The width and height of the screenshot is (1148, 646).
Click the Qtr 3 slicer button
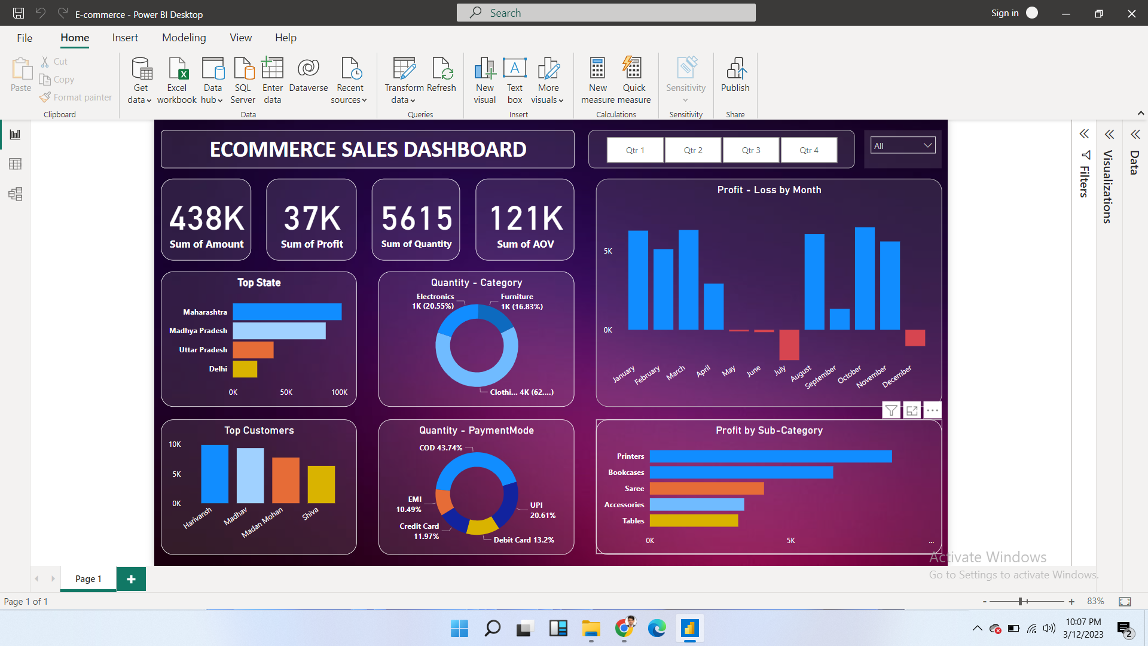tap(751, 150)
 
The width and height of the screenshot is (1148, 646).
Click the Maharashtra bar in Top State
tap(287, 312)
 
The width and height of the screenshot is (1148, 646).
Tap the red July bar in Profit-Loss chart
tap(789, 345)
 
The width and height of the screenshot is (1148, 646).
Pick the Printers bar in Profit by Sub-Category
tap(770, 456)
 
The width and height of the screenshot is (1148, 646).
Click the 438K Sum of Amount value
tap(206, 218)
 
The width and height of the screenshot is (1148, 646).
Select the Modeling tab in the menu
tap(184, 38)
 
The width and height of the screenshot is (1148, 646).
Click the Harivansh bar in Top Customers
tap(215, 474)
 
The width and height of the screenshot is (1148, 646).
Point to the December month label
tap(897, 376)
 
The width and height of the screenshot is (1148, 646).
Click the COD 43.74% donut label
tap(441, 448)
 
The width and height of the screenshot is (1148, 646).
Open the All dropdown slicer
tap(902, 145)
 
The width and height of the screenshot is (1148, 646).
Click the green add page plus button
tap(131, 579)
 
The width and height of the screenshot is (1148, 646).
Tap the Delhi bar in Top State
tap(245, 369)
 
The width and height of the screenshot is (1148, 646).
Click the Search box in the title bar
tap(606, 13)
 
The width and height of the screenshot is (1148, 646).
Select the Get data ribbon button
tap(141, 81)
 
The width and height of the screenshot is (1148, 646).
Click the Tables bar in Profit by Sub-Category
tap(694, 521)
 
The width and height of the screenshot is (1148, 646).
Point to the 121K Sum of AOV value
tap(526, 218)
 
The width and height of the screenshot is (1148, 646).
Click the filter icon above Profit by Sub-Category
tap(891, 410)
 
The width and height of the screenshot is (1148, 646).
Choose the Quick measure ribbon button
tap(633, 81)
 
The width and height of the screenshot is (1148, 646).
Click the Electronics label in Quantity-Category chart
tap(435, 297)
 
